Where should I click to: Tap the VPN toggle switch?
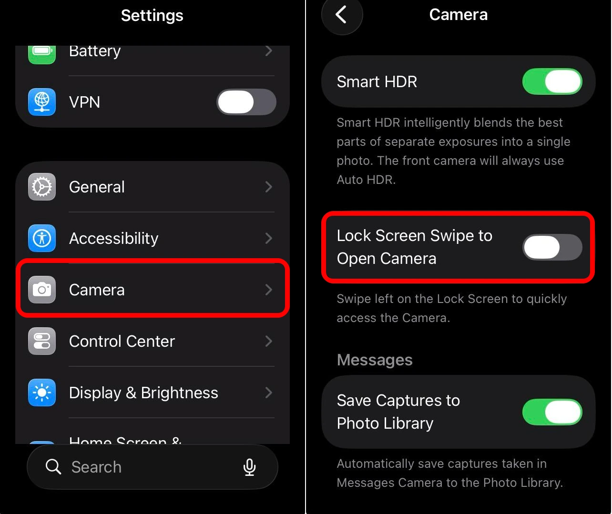point(246,102)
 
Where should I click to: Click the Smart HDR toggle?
point(552,81)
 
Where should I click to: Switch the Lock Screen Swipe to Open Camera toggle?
point(552,247)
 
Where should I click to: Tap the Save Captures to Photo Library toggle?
point(552,412)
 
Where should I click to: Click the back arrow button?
point(341,15)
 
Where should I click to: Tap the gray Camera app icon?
point(42,290)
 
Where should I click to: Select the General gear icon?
point(42,187)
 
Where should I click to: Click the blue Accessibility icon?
point(42,238)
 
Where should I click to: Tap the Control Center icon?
point(42,341)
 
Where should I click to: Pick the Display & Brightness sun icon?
point(42,393)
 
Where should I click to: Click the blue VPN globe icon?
point(42,102)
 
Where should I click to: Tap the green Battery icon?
point(42,51)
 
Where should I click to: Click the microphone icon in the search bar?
point(249,467)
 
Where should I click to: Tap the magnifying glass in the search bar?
point(53,467)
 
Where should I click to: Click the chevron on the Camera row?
point(269,290)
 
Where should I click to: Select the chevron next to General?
point(269,187)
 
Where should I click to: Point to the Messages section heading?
point(375,360)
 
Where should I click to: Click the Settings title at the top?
point(152,15)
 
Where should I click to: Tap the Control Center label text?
point(122,341)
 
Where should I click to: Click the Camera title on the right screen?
point(458,15)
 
